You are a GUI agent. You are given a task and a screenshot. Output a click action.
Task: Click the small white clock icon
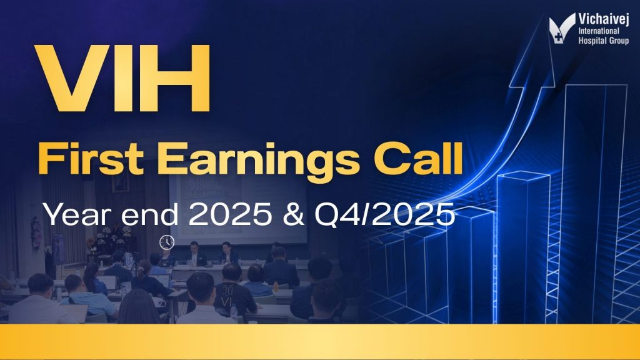pos(167,241)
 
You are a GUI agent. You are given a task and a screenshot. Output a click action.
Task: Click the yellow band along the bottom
pos(320,341)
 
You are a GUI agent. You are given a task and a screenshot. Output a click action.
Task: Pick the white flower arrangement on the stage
pos(113,234)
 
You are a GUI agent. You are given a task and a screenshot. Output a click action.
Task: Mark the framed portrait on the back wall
pos(121,182)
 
